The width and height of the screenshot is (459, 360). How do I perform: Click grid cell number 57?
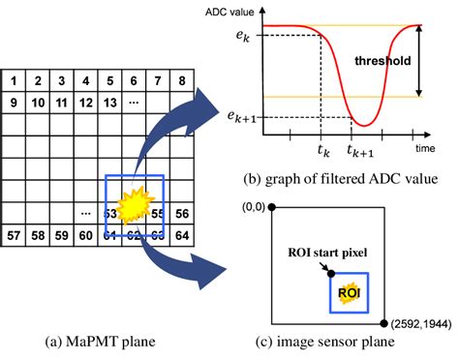[16, 235]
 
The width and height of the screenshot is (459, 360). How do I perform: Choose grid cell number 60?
[87, 235]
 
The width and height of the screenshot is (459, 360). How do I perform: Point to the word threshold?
[384, 60]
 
